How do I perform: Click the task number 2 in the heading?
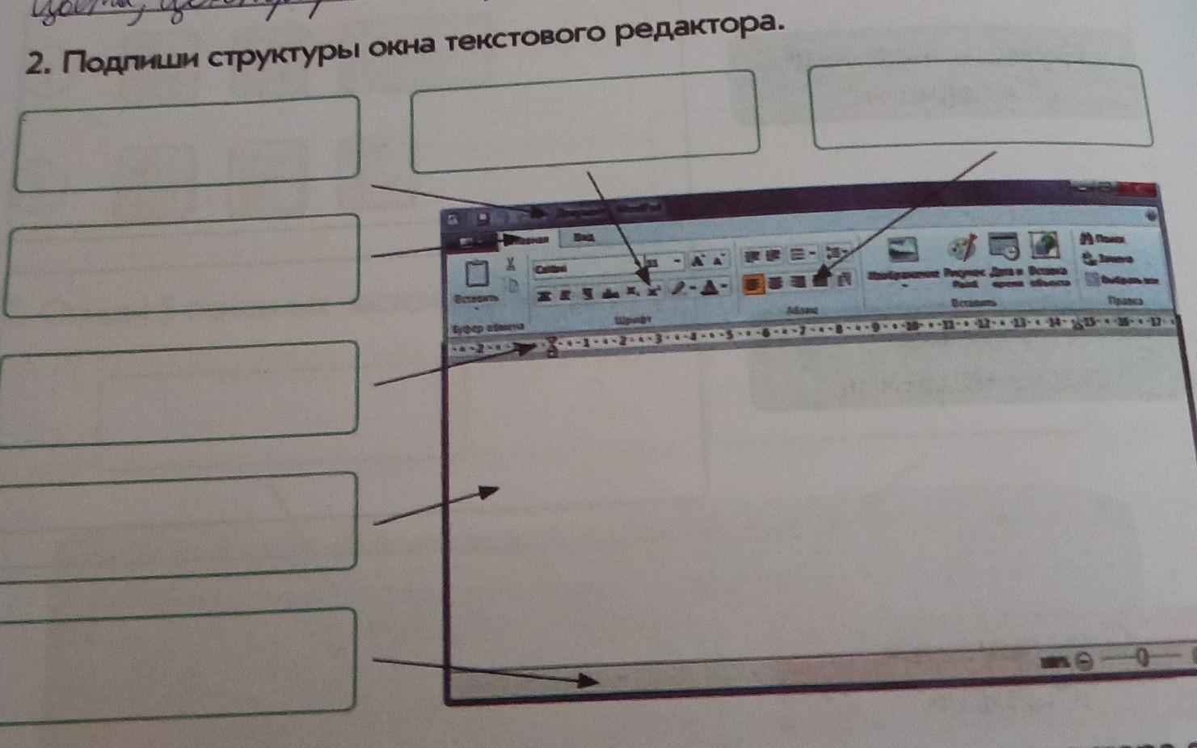click(x=35, y=62)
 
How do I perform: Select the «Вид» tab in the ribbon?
click(x=584, y=237)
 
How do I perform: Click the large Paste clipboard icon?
click(x=476, y=274)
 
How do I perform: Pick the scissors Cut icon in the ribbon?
click(x=511, y=263)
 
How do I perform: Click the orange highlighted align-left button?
click(x=753, y=283)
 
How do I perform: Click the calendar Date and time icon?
click(x=1004, y=246)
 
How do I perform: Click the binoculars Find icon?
click(x=1088, y=238)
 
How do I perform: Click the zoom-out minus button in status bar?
click(x=1085, y=662)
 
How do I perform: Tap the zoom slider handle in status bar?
click(x=1141, y=658)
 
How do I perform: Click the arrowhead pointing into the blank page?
click(x=489, y=490)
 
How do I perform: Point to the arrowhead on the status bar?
click(x=588, y=681)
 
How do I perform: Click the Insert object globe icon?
click(x=1044, y=246)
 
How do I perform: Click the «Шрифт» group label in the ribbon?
click(x=632, y=320)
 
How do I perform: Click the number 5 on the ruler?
click(x=729, y=334)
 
